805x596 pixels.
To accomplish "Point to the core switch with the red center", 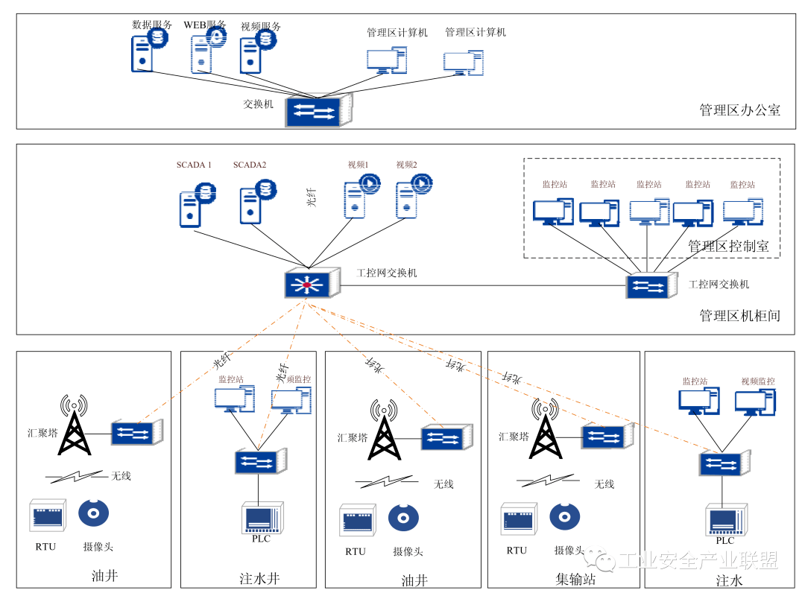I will coord(306,284).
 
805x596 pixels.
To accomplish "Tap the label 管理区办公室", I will coord(739,110).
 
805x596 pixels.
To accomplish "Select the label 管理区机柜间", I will coord(739,316).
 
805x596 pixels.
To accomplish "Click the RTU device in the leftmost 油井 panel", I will coord(48,516).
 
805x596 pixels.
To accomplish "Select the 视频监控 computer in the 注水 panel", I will coord(756,402).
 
